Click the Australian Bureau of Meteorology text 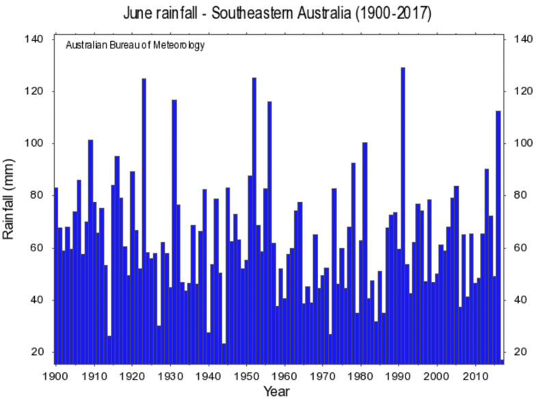tap(135, 46)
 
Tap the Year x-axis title tap(277, 392)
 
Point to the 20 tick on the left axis tap(38, 352)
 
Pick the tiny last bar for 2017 tap(502, 361)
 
